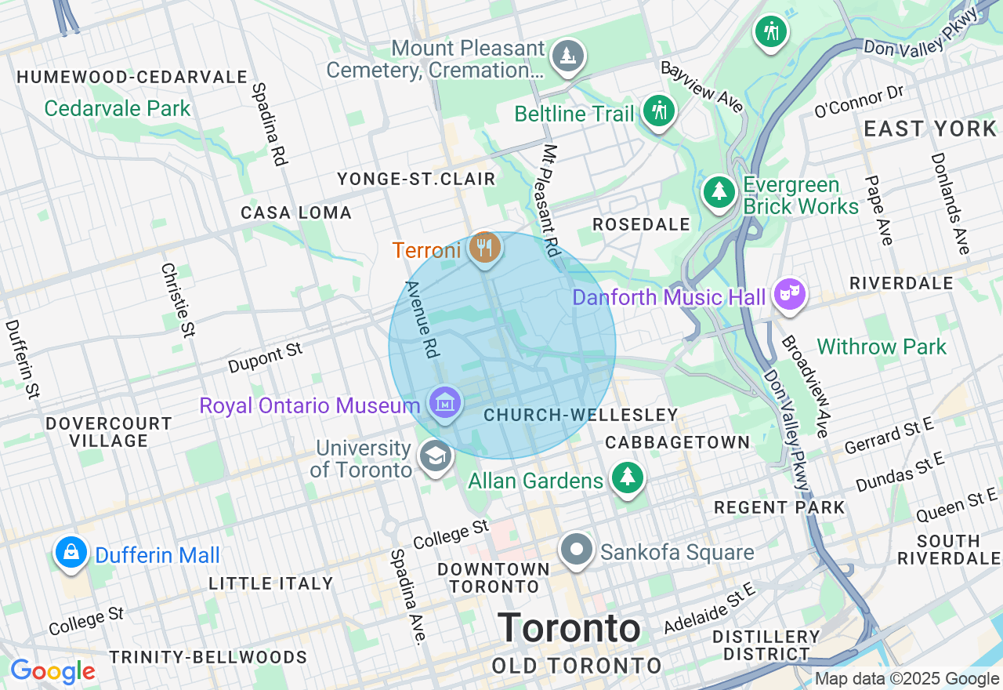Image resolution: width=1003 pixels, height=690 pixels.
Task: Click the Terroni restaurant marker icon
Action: coord(484,249)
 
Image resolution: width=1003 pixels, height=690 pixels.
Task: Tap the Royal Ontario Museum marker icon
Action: coord(445,404)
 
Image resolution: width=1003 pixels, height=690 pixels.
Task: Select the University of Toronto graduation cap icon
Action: coord(435,456)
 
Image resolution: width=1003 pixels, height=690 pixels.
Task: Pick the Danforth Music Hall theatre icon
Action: coord(790,296)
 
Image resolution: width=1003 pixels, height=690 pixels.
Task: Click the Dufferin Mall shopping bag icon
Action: coord(71,553)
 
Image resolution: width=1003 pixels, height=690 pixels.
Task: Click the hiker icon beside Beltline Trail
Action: coord(658,112)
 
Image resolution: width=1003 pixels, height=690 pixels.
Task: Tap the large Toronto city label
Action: coord(569,629)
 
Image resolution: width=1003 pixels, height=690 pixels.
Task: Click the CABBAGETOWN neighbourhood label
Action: coord(678,442)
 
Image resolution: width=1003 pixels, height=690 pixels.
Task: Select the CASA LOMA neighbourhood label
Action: coord(296,212)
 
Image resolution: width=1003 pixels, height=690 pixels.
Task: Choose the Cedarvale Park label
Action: coord(118,108)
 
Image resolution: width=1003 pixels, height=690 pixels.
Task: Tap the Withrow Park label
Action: coord(882,347)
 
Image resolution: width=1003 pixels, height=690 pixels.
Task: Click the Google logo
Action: coord(53,671)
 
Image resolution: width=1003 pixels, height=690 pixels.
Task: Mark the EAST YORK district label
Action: coord(930,129)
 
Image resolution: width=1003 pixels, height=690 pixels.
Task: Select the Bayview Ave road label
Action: coord(702,86)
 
